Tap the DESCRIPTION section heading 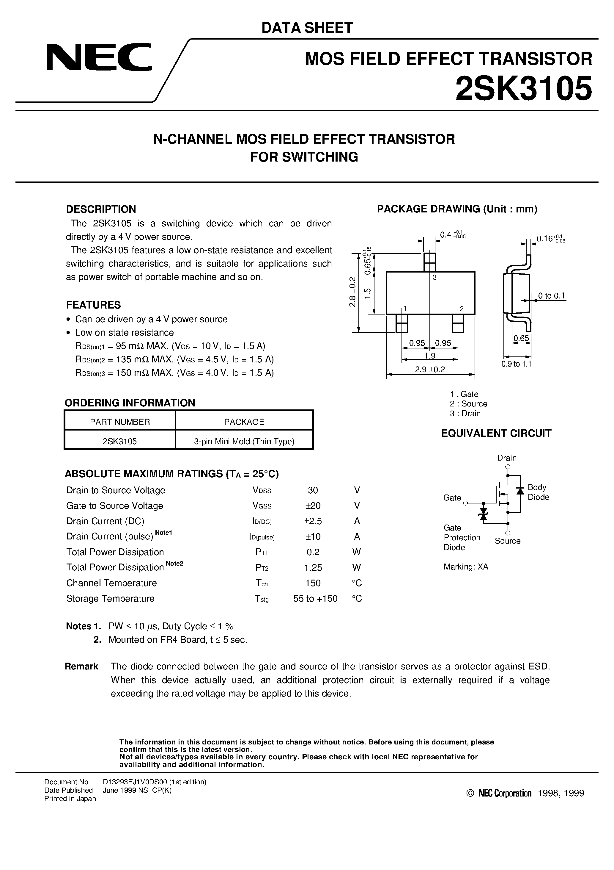(101, 209)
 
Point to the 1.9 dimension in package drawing (430, 356)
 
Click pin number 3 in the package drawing (434, 277)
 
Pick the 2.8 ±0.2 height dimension (352, 292)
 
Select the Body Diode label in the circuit (538, 492)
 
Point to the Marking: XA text (466, 567)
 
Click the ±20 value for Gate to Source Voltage (313, 506)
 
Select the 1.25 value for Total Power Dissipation (313, 567)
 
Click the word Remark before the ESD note (81, 666)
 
